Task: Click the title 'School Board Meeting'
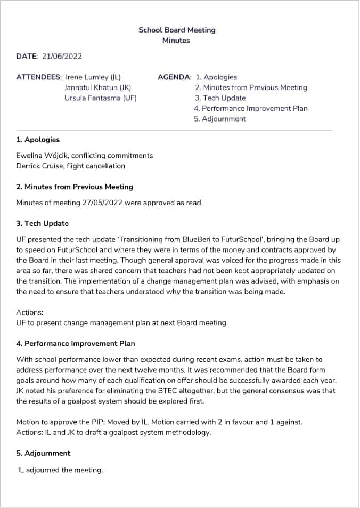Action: click(x=177, y=30)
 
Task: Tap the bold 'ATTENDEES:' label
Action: click(x=39, y=77)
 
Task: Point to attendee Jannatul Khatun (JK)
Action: click(x=97, y=87)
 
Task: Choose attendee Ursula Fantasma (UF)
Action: click(x=100, y=98)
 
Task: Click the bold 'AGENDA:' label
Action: click(x=174, y=77)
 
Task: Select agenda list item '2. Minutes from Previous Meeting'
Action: click(x=251, y=87)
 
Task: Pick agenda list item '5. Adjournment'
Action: click(x=220, y=119)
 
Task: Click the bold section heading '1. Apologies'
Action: click(x=38, y=140)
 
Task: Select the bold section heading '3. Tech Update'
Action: click(x=42, y=223)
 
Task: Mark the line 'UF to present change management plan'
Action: click(x=122, y=322)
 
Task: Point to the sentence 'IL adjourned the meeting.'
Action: click(x=60, y=470)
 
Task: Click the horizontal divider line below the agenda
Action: click(x=174, y=130)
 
